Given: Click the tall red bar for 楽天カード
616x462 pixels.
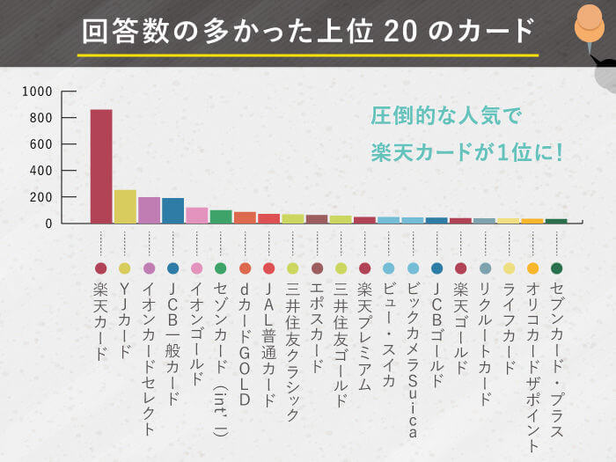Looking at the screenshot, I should (x=101, y=166).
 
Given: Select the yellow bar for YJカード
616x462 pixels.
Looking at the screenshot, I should (x=125, y=207).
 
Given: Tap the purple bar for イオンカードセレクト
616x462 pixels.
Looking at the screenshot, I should (x=149, y=210).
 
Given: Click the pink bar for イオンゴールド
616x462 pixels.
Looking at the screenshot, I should (x=196, y=216).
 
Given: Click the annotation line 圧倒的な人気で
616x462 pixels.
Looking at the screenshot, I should (x=446, y=115).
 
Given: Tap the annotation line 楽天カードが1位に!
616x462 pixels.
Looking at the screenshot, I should (x=466, y=152).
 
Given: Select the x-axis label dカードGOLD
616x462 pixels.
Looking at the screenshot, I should (x=245, y=344).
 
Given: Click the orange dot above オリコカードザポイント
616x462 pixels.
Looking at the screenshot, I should (x=532, y=268).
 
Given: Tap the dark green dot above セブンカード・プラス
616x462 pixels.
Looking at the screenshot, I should (x=556, y=268).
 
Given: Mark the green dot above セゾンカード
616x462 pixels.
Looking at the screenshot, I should (x=221, y=268).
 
